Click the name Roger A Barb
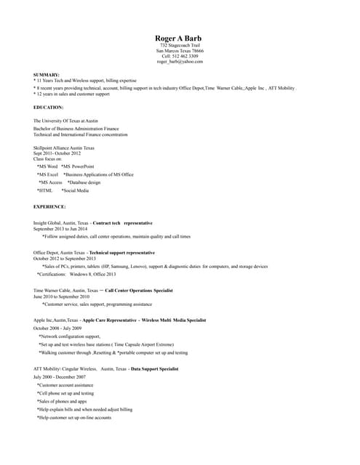pos(180,38)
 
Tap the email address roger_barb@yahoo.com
pos(180,62)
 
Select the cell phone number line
pos(180,56)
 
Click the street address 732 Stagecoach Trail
pos(180,45)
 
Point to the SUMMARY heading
pos(47,75)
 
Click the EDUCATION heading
pos(49,107)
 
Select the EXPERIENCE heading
pos(50,206)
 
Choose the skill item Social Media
pos(76,190)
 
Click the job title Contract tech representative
pos(123,222)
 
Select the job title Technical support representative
pos(121,252)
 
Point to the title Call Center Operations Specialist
pos(139,290)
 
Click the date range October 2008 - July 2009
pos(57,328)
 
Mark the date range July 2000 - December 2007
pos(60,377)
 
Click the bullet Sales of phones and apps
pos(62,401)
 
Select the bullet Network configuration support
pos(70,337)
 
